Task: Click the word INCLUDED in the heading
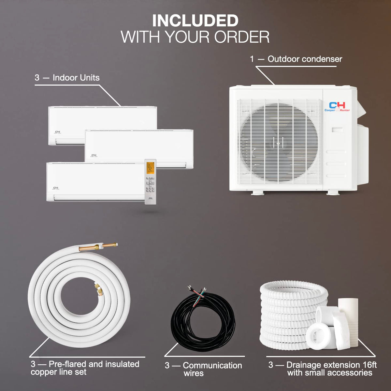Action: pyautogui.click(x=195, y=20)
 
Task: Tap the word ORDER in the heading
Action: pyautogui.click(x=242, y=37)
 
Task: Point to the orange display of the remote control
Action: pyautogui.click(x=150, y=168)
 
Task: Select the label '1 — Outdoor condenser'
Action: pyautogui.click(x=296, y=59)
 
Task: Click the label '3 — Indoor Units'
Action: pyautogui.click(x=67, y=78)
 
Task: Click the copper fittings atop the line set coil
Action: pyautogui.click(x=98, y=247)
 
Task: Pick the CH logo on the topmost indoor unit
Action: pyautogui.click(x=58, y=132)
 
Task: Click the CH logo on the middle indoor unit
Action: pyautogui.click(x=94, y=155)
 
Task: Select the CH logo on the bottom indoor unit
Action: pyautogui.click(x=56, y=188)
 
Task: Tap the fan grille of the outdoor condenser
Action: pyautogui.click(x=279, y=142)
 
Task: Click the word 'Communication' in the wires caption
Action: pyautogui.click(x=212, y=365)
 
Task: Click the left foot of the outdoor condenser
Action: pyautogui.click(x=258, y=193)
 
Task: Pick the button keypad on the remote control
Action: pyautogui.click(x=150, y=184)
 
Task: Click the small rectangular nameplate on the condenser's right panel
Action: pyautogui.click(x=337, y=130)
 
